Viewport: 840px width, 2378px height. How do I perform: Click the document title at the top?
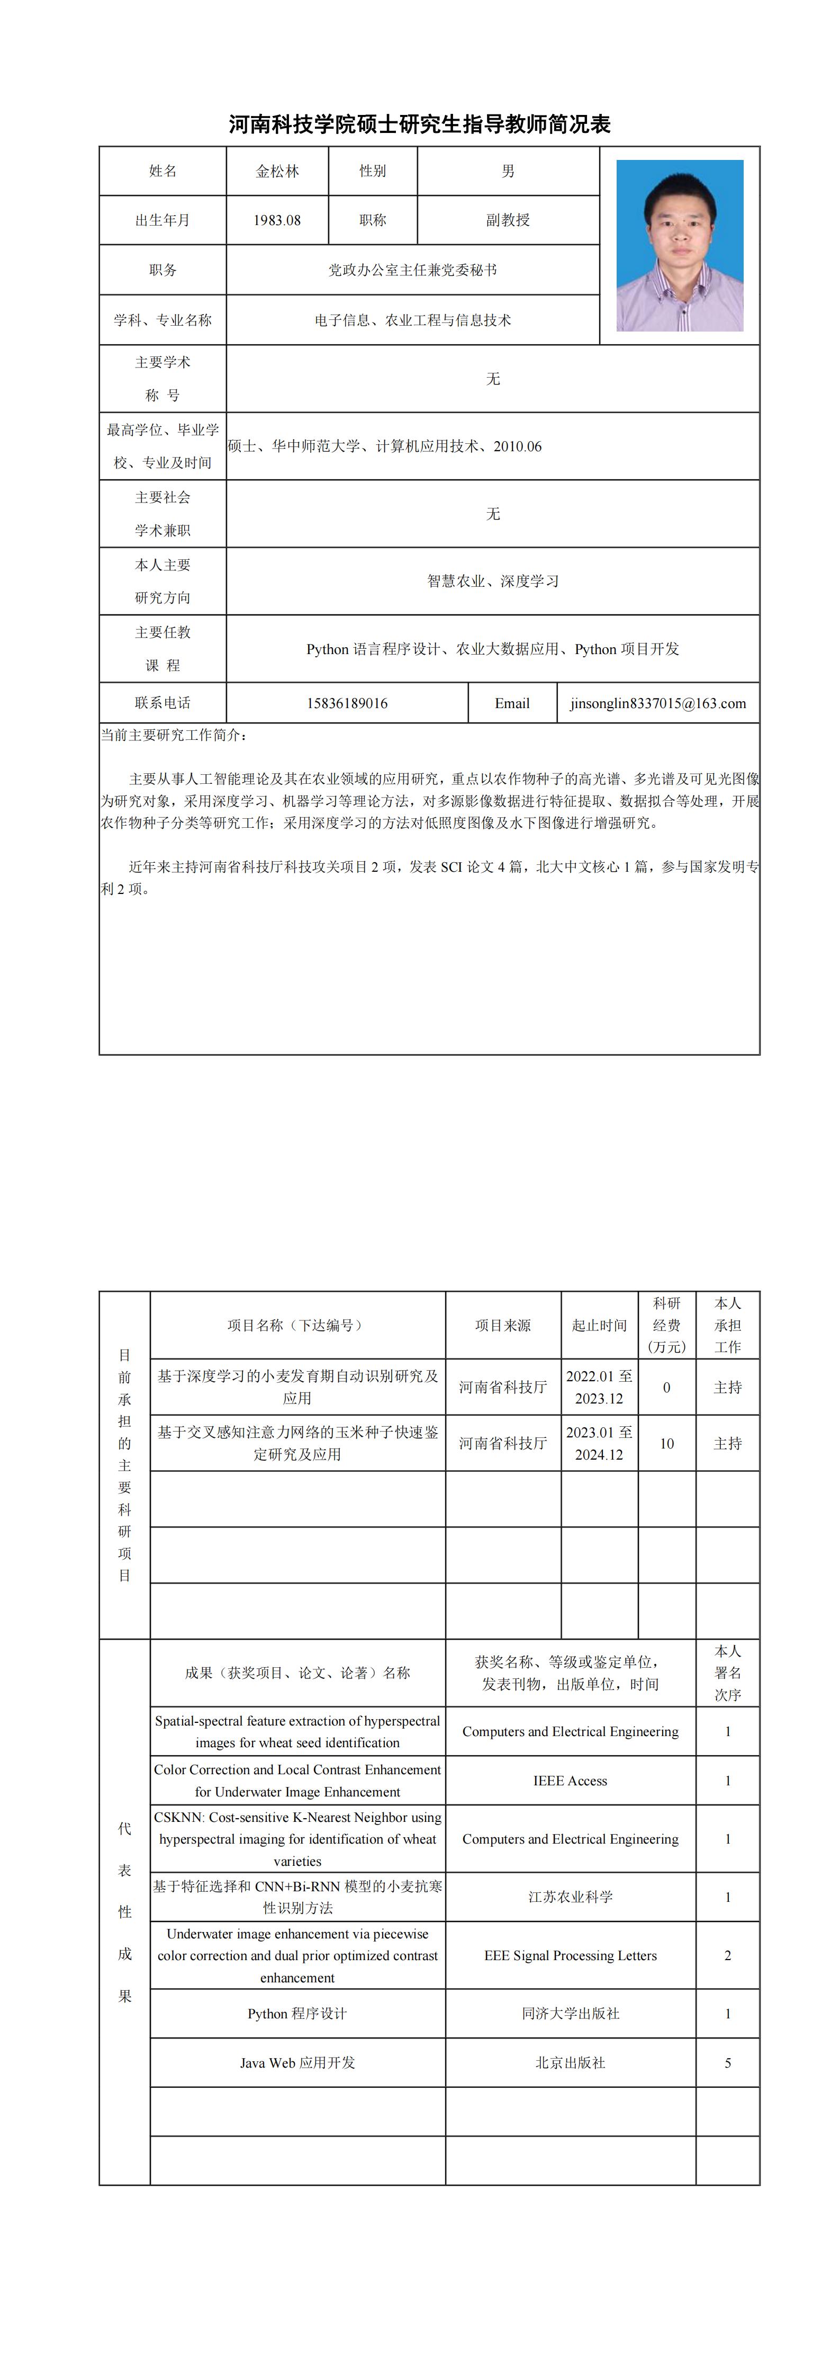click(420, 124)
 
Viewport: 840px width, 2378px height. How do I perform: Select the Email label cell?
click(512, 703)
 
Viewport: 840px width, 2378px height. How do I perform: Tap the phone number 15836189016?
click(347, 703)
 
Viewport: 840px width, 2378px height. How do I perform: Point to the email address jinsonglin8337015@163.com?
click(658, 703)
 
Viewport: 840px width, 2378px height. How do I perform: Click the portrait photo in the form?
click(680, 246)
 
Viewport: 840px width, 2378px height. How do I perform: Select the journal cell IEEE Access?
click(571, 1781)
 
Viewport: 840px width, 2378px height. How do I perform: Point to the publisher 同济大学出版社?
click(571, 2014)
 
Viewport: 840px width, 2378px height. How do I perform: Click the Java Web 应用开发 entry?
click(297, 2062)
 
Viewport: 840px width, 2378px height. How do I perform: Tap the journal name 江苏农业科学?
click(571, 1897)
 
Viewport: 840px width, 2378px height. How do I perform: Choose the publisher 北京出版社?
click(571, 2062)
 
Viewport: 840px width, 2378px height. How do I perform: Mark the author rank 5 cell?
click(727, 2062)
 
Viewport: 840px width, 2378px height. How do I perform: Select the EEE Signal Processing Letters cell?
click(571, 1955)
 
